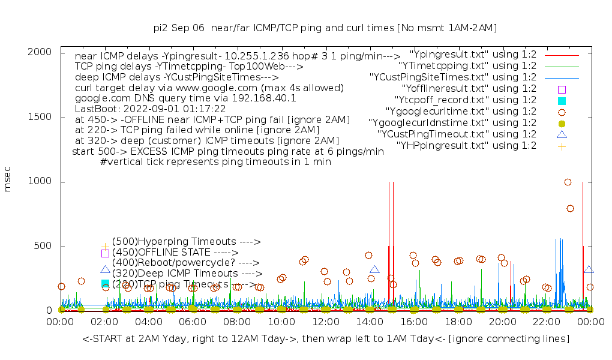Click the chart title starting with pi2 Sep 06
[325, 28]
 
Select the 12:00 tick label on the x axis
[325, 322]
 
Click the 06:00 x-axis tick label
[193, 322]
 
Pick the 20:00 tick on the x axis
[502, 322]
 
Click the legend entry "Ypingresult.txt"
[473, 54]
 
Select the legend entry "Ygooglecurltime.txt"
[461, 111]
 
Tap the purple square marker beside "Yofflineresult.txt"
[562, 89]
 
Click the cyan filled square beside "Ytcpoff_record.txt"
[562, 100]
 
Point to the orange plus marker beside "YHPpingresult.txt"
[562, 146]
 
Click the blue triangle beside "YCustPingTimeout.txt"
[562, 134]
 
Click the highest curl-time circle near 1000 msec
[568, 182]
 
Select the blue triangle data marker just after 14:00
[375, 270]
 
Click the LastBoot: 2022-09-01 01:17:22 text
[150, 109]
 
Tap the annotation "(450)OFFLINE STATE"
[175, 253]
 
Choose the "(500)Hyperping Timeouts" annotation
[186, 242]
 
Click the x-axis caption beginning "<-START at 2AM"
[326, 339]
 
